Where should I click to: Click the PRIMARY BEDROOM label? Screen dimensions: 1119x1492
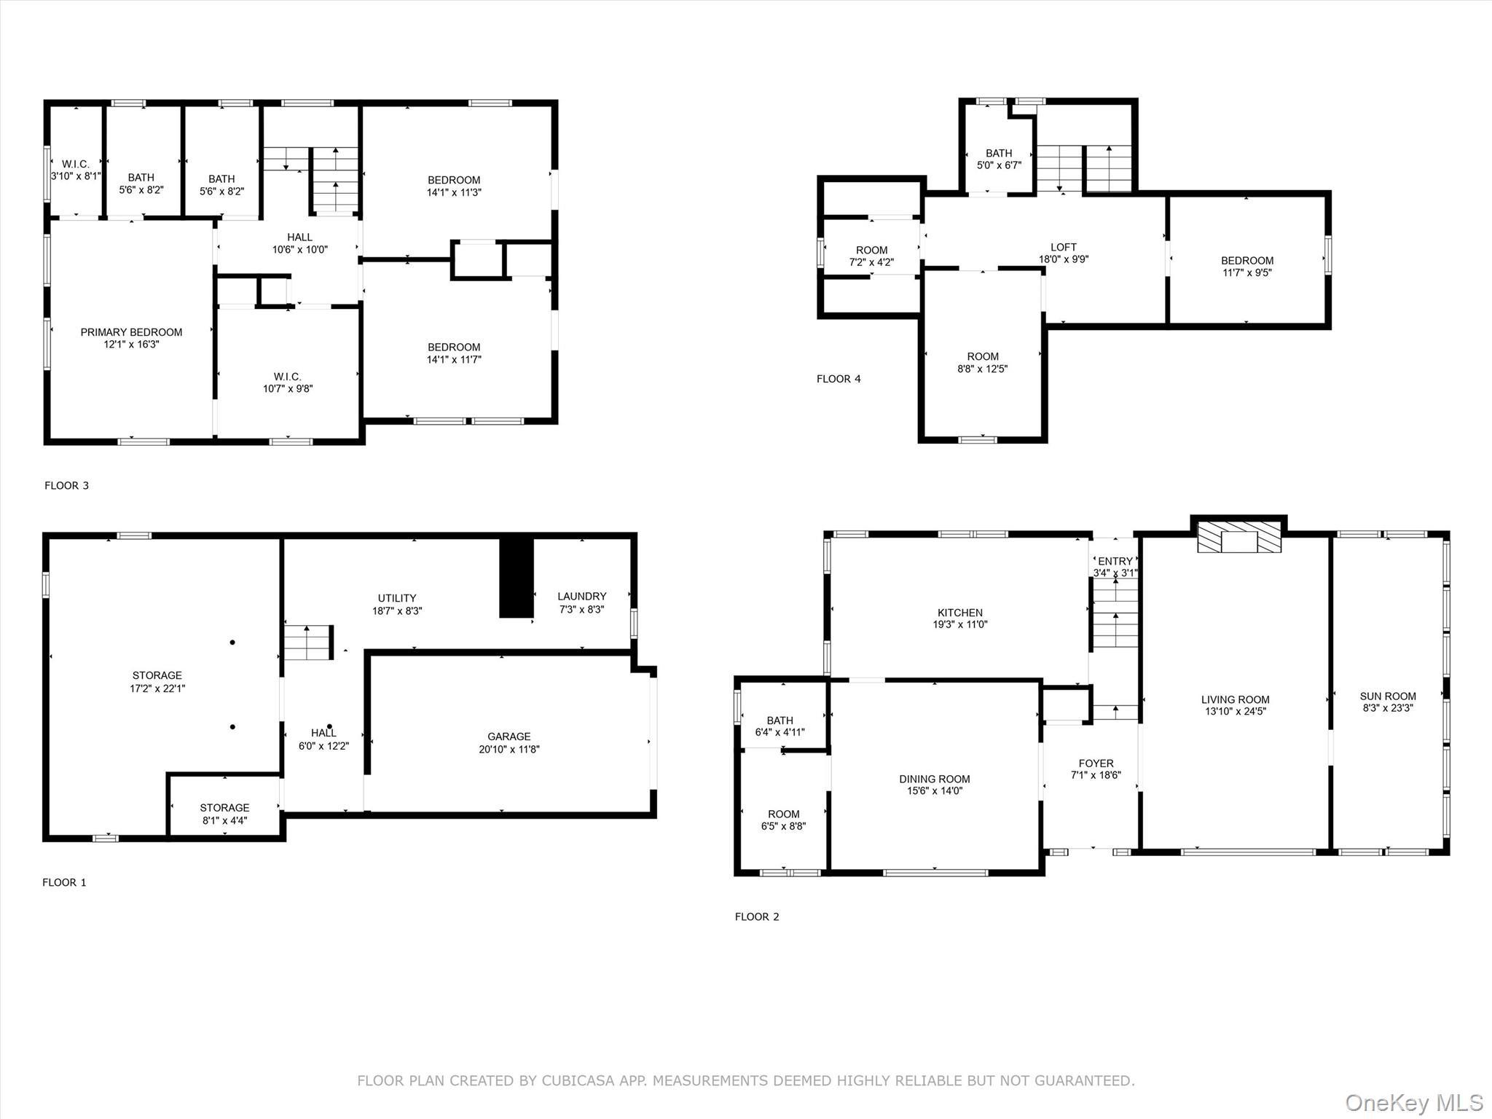pyautogui.click(x=131, y=333)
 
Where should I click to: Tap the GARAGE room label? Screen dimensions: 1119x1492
pyautogui.click(x=509, y=737)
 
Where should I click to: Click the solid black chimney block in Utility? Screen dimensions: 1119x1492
pyautogui.click(x=516, y=578)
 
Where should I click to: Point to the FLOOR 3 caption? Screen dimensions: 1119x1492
pyautogui.click(x=66, y=485)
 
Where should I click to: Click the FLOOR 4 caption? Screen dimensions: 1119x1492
pyautogui.click(x=839, y=379)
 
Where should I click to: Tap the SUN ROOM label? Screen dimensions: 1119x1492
pyautogui.click(x=1388, y=696)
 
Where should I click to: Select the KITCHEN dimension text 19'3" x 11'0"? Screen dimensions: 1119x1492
pyautogui.click(x=960, y=624)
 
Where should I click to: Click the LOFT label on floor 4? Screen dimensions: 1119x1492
pyautogui.click(x=1064, y=247)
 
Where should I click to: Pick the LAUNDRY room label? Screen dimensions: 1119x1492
pyautogui.click(x=581, y=596)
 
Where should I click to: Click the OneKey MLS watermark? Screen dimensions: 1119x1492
pyautogui.click(x=1413, y=1102)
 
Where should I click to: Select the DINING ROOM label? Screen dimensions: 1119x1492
pyautogui.click(x=934, y=779)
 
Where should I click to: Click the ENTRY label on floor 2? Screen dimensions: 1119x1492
pyautogui.click(x=1115, y=561)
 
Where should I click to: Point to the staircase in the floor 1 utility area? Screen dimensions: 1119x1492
pyautogui.click(x=307, y=643)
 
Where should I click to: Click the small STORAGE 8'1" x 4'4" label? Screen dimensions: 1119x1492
pyautogui.click(x=224, y=814)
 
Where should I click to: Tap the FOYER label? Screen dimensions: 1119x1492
pyautogui.click(x=1096, y=763)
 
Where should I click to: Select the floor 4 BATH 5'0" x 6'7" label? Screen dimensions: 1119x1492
pyautogui.click(x=999, y=159)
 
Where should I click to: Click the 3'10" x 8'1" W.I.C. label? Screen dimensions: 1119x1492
pyautogui.click(x=76, y=170)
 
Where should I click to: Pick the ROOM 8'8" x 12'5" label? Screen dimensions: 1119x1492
pyautogui.click(x=982, y=362)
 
